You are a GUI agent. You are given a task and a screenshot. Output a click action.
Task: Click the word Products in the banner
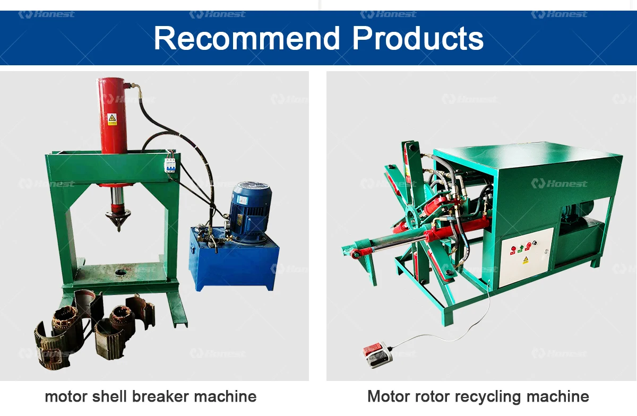418,38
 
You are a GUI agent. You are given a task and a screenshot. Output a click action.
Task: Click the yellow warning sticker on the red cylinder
112,119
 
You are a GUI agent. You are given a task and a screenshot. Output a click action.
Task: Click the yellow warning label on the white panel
526,260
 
